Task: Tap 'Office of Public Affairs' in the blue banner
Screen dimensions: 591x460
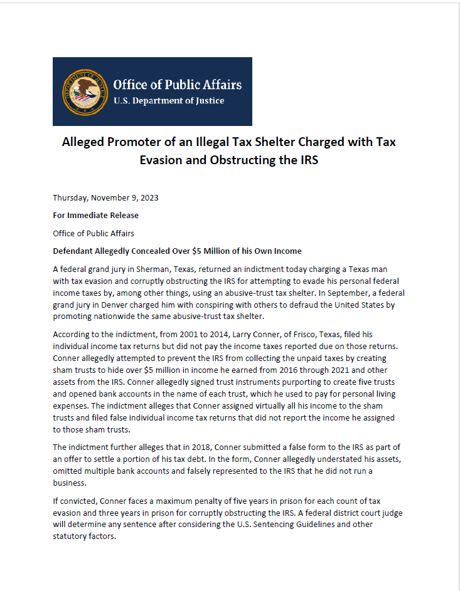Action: pos(177,85)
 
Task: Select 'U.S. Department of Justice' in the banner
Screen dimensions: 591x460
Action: pos(168,101)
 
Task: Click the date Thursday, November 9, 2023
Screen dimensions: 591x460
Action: pos(105,197)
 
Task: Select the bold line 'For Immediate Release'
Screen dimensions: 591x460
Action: pos(95,216)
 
